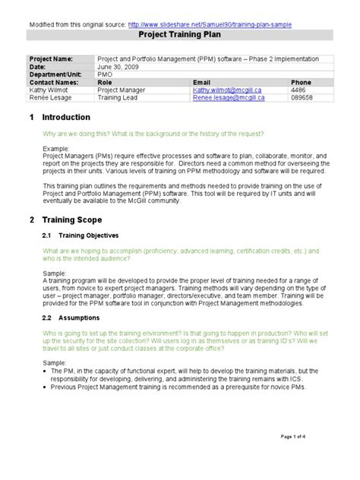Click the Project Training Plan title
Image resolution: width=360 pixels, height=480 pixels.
180,35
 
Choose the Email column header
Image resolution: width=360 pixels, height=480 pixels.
201,82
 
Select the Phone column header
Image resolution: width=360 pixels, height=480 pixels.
302,82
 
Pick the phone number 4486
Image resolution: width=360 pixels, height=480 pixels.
298,90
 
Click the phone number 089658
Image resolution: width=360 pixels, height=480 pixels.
302,97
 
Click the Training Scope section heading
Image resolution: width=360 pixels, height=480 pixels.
68,219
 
